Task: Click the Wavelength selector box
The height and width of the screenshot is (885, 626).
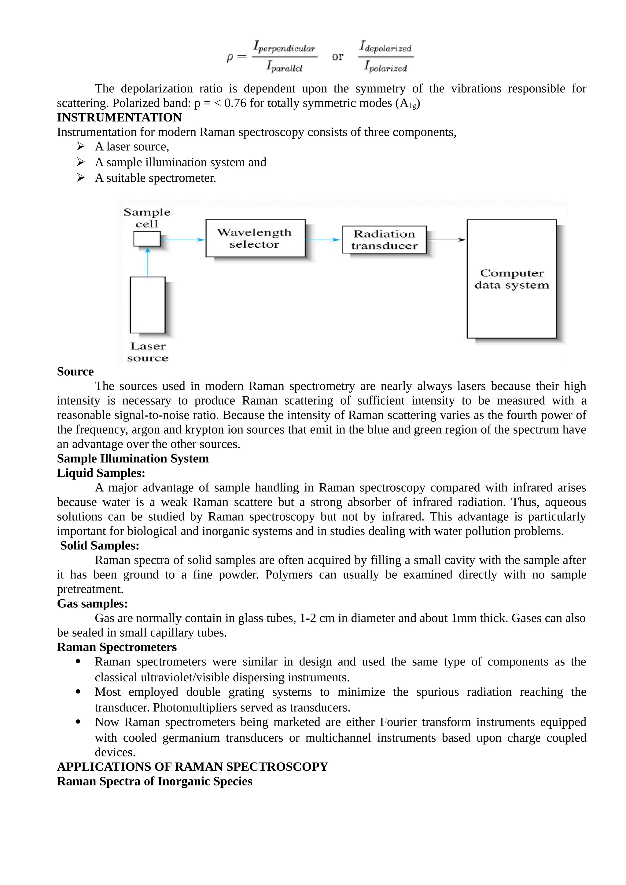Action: click(x=255, y=238)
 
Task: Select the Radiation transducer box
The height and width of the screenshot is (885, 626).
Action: click(x=384, y=240)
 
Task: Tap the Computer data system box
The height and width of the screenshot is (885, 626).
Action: click(x=511, y=279)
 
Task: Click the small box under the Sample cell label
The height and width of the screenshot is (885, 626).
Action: click(x=147, y=239)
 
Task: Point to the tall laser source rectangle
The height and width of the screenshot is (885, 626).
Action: click(x=148, y=305)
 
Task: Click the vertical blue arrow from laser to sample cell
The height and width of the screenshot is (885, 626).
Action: click(x=148, y=262)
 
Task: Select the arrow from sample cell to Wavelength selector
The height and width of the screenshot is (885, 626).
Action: click(x=182, y=240)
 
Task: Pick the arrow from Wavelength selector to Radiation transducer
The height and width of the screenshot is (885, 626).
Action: click(x=323, y=240)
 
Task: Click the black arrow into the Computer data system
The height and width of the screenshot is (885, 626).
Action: click(x=446, y=240)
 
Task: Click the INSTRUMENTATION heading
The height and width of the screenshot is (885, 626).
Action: click(x=119, y=118)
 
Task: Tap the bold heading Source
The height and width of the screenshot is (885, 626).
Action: click(x=75, y=372)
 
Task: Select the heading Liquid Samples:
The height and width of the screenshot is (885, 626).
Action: click(x=101, y=473)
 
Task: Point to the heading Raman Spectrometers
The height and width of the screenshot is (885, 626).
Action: click(x=117, y=647)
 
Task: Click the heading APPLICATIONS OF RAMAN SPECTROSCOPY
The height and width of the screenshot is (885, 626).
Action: click(x=193, y=767)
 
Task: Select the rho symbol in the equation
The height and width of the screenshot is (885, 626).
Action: click(x=230, y=58)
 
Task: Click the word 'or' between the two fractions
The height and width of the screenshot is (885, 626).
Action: click(x=337, y=57)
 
